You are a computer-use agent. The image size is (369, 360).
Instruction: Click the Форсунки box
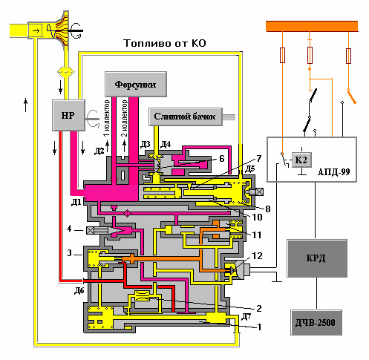pos(136,85)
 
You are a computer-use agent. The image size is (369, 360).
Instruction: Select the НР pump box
pos(68,115)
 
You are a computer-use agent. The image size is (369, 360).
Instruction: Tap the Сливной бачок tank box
pos(186,117)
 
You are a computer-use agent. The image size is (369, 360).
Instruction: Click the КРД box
pos(317,258)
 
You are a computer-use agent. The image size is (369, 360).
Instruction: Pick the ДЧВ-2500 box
pos(316,322)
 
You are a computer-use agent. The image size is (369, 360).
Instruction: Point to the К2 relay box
pos(301,160)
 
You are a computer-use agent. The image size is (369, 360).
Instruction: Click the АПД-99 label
pos(333,172)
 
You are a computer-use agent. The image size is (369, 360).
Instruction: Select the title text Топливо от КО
pos(165,43)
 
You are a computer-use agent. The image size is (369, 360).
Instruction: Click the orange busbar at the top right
pos(312,26)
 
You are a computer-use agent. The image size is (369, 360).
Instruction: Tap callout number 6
pos(222,159)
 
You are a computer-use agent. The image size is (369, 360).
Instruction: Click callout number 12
pos(257,256)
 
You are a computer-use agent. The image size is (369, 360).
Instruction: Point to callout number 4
pos(70,229)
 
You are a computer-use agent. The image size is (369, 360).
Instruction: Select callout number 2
pos(258,309)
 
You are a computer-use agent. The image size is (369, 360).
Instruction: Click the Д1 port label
pos(76,203)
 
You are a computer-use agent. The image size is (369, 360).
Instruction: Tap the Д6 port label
pos(79,291)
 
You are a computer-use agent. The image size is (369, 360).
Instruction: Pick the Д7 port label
pos(246,317)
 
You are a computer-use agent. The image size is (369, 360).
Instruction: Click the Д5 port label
pos(249,169)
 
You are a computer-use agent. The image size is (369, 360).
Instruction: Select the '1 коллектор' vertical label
pos(106,118)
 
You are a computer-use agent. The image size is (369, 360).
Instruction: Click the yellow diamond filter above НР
pos(66,72)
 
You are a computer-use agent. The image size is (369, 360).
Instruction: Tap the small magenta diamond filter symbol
pos(127,213)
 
